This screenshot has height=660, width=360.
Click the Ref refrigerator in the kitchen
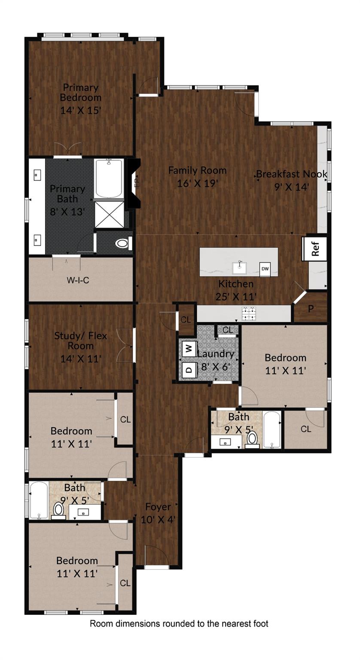pos(315,248)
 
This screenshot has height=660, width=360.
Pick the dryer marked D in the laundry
pos(188,369)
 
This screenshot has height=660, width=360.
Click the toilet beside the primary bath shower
pos(122,244)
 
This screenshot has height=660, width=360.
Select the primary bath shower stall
pos(109,214)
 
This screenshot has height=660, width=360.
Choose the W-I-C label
pos(77,281)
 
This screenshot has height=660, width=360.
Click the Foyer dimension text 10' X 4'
pos(158,519)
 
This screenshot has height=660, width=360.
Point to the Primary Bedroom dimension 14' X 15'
pos(80,110)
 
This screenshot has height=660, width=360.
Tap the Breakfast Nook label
pos(292,174)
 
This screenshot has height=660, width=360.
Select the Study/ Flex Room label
pos(80,341)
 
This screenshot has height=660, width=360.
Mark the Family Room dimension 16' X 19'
pos(198,183)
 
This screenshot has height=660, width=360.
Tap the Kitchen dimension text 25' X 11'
pos(236,296)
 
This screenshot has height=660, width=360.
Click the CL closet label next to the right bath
pos(306,429)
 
